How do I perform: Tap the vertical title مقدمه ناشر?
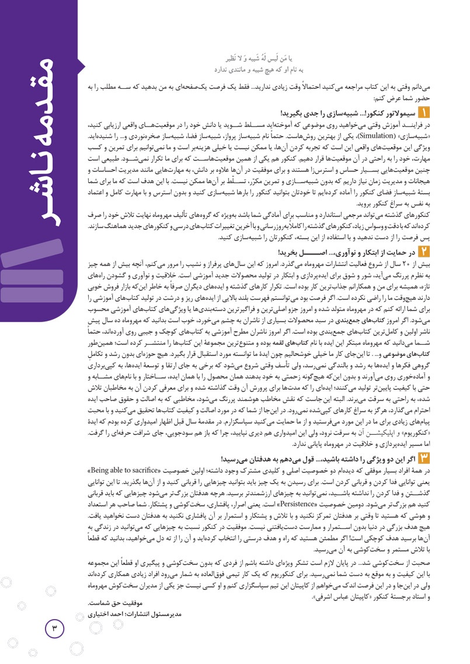(42, 111)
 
